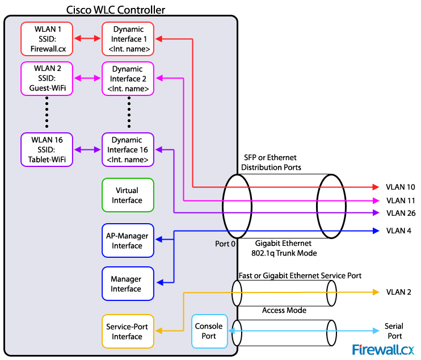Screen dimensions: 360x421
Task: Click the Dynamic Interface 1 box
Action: [x=128, y=39]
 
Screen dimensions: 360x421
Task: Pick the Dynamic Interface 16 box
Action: [x=128, y=150]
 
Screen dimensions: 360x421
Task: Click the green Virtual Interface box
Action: [x=127, y=195]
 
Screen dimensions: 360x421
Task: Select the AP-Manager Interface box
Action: [x=127, y=241]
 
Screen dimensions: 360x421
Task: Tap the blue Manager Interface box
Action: [x=127, y=284]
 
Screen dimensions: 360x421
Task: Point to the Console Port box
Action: [x=209, y=331]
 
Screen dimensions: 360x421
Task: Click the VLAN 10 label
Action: [x=401, y=187]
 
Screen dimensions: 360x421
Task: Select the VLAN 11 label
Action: [x=401, y=200]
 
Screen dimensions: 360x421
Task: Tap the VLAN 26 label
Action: [x=401, y=213]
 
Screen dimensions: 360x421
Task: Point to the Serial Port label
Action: [x=394, y=330]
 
